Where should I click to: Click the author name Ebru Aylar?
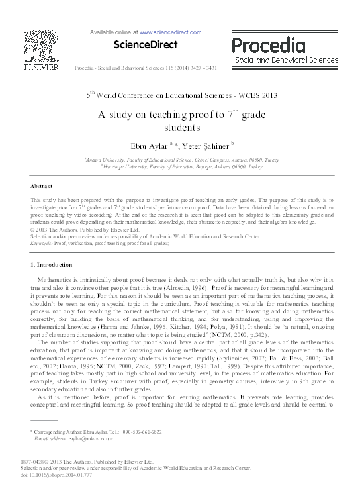[x=146, y=144]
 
